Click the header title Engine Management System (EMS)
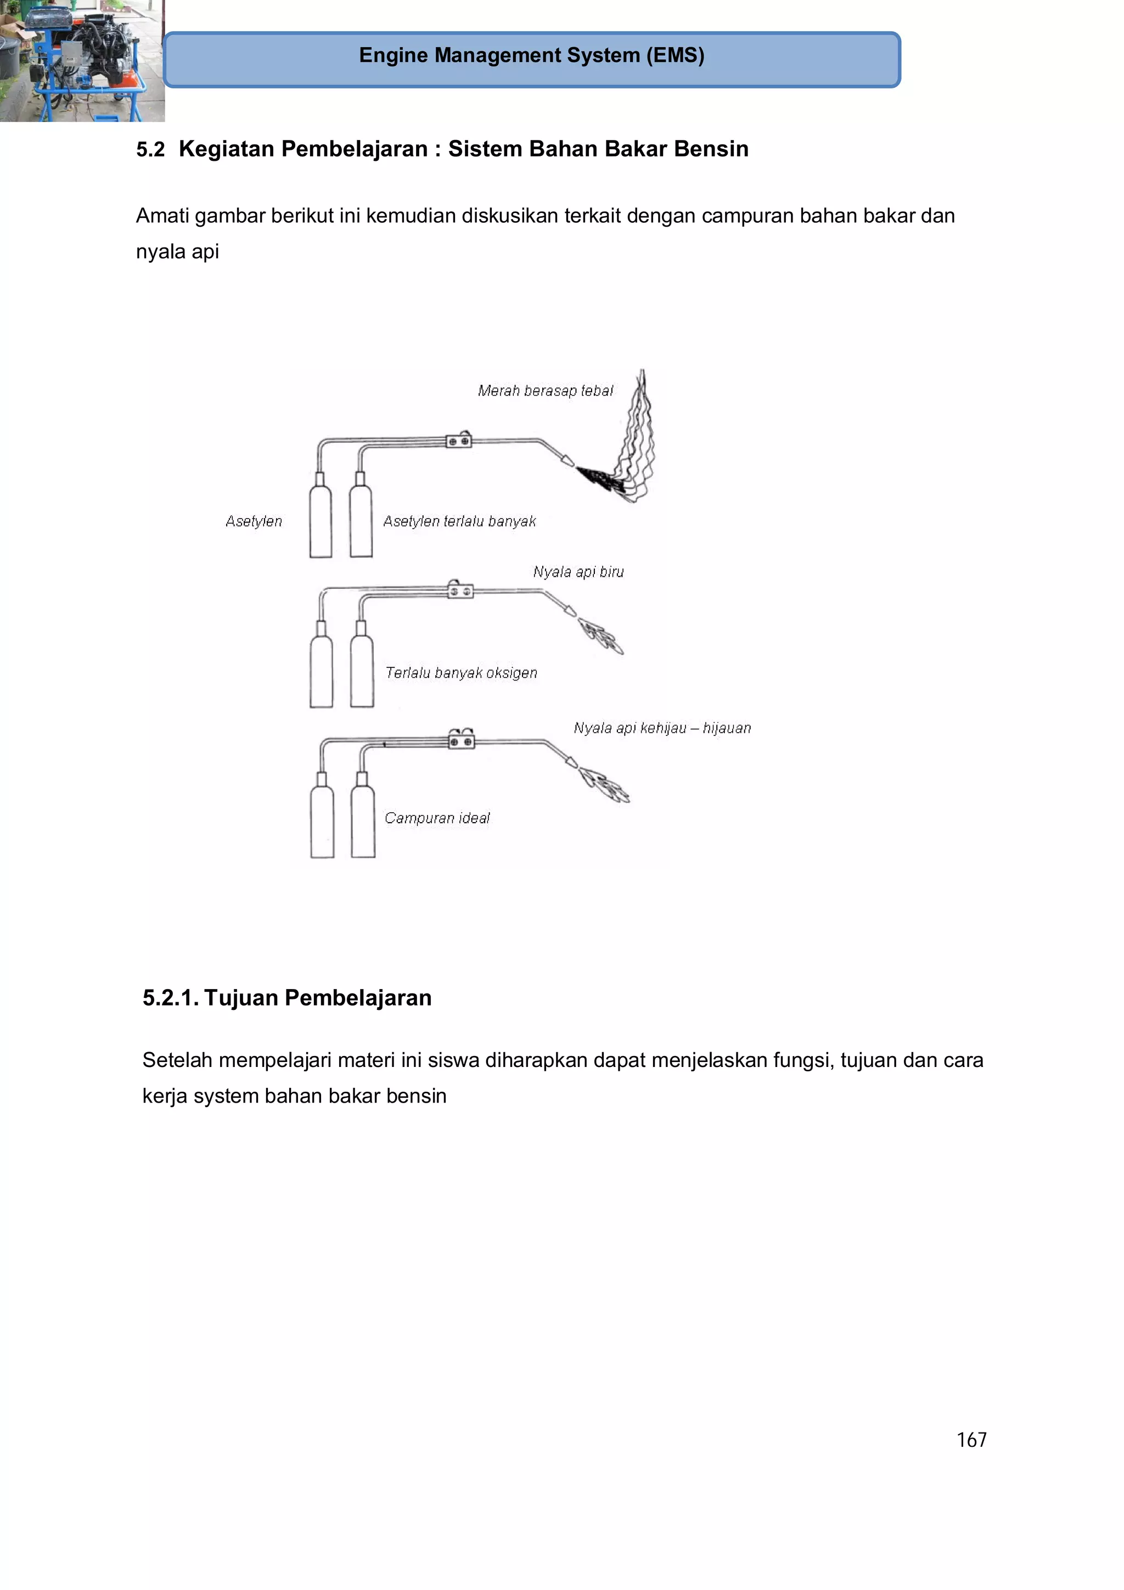(x=531, y=55)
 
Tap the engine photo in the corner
(x=81, y=60)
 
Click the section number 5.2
(x=150, y=150)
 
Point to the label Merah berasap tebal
(x=545, y=391)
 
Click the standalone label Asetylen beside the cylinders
(x=254, y=521)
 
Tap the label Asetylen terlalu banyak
(x=459, y=521)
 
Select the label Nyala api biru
(x=578, y=572)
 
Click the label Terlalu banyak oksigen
(x=461, y=673)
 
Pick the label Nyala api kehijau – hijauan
(x=662, y=728)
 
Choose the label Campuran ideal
(x=437, y=818)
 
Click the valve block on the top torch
(x=458, y=440)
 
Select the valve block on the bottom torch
(x=461, y=741)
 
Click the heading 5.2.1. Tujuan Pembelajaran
(x=286, y=998)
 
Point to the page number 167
(x=971, y=1440)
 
